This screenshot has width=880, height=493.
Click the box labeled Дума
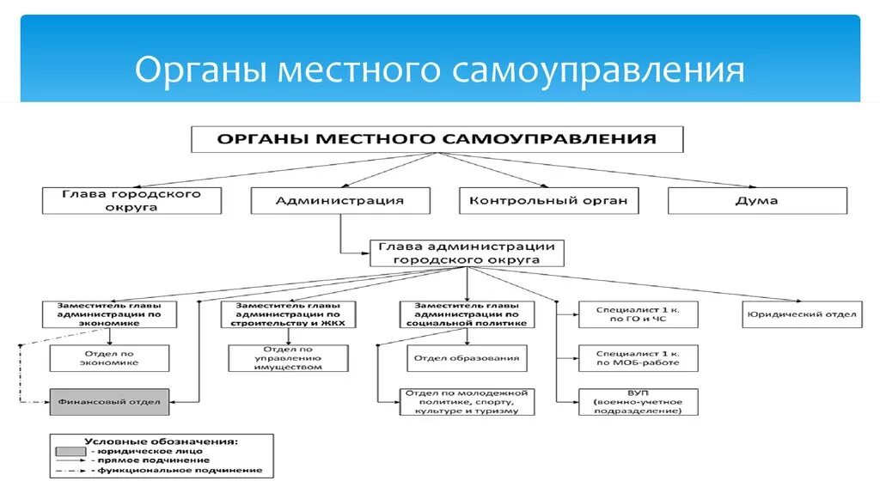pos(757,201)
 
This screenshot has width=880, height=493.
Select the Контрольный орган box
pos(549,201)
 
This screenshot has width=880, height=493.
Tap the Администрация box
pos(340,201)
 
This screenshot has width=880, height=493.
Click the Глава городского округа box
pos(131,201)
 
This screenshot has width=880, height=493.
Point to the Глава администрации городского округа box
pos(467,253)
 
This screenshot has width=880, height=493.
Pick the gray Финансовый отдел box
pos(109,402)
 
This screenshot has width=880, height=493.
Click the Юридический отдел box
pos(802,314)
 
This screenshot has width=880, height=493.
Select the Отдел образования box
pos(467,358)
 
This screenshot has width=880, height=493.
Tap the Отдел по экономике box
pos(109,358)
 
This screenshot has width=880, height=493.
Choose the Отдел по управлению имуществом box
pos(288,358)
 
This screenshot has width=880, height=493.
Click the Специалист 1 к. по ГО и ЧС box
pos(639,314)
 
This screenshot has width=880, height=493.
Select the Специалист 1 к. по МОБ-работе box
pos(639,358)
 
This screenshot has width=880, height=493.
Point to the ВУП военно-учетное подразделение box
pos(639,402)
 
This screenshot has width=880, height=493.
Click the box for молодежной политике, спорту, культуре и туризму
pos(467,402)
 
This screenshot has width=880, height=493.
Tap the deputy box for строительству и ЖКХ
pos(288,314)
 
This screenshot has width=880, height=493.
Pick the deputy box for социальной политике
pos(467,314)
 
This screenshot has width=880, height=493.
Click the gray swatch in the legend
pos(70,451)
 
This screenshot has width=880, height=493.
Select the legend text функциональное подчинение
pos(180,470)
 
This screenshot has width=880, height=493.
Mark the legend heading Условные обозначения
pos(161,441)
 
